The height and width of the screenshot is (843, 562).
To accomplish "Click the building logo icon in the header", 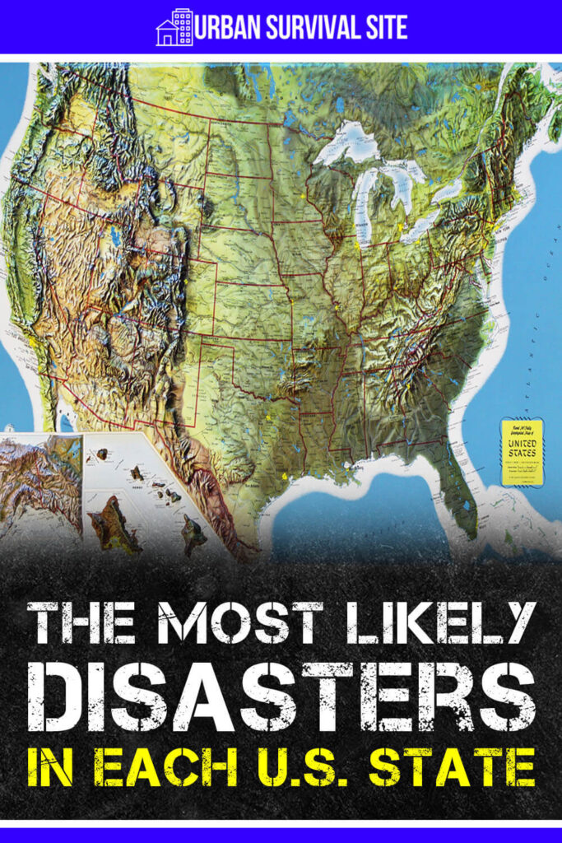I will (x=174, y=27).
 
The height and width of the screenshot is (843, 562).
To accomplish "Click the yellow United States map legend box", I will (x=522, y=451).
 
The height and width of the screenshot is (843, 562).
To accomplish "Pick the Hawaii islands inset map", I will (x=148, y=502).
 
